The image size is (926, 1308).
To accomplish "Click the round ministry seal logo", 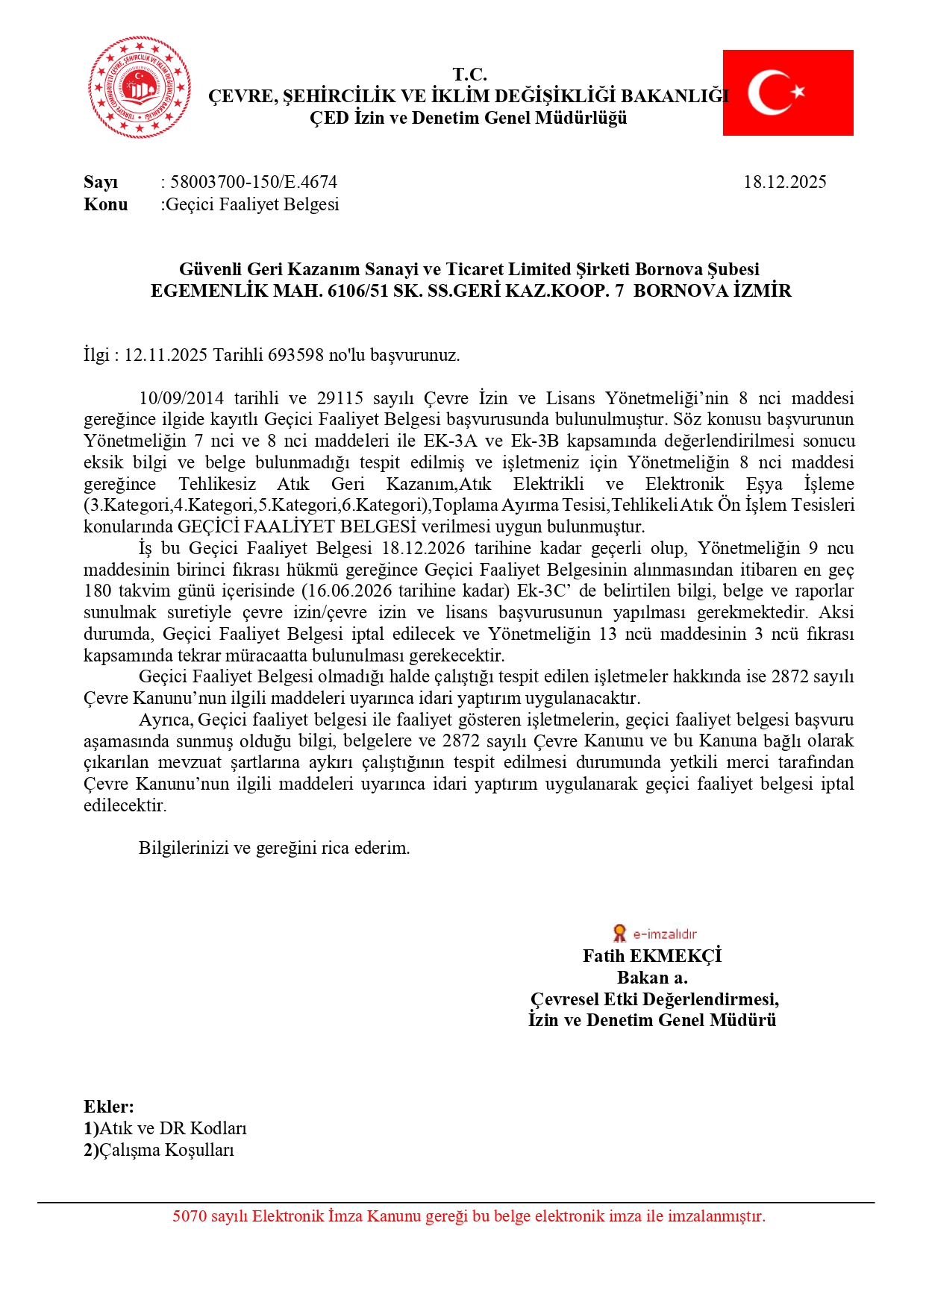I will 140,87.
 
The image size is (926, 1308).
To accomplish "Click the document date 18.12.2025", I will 784,182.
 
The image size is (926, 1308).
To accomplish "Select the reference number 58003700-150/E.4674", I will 254,182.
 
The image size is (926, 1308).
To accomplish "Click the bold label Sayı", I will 101,182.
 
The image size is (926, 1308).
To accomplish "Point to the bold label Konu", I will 105,204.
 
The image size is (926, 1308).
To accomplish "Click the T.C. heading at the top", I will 469,75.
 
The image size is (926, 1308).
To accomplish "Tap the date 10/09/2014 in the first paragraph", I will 181,398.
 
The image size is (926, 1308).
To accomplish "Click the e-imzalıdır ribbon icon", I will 619,933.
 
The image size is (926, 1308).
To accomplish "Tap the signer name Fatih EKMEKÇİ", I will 651,956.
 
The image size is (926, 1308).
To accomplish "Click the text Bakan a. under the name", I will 652,978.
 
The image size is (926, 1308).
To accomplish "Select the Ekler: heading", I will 109,1107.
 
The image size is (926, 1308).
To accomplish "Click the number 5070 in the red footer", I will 190,1216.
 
